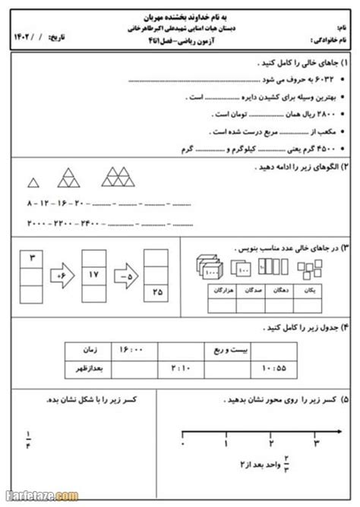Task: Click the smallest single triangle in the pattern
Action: [33, 182]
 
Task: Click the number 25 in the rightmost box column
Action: [157, 290]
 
